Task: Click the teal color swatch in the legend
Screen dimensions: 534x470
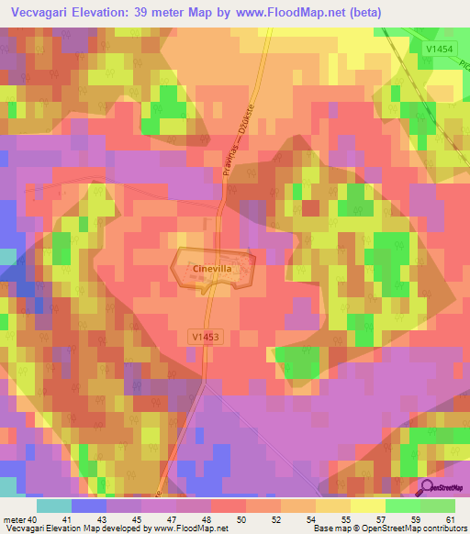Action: [53, 506]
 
